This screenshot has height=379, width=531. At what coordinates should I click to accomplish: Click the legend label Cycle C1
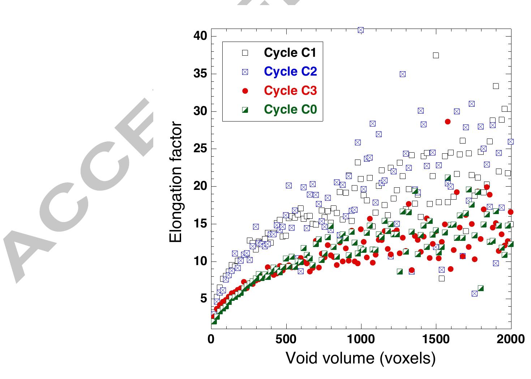(x=290, y=53)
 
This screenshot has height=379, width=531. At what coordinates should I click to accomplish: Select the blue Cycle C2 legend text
(x=290, y=72)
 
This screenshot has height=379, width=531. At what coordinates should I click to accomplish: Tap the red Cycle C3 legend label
(x=290, y=90)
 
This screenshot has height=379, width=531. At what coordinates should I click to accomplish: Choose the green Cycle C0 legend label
(x=290, y=109)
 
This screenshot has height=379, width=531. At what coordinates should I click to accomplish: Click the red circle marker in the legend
(x=245, y=91)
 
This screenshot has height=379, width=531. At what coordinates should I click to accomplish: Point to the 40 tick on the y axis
(x=200, y=36)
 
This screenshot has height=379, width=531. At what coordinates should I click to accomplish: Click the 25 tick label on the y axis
(x=200, y=149)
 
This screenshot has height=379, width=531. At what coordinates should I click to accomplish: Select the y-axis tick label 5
(x=203, y=299)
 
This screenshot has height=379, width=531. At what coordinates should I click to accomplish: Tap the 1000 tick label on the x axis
(x=361, y=340)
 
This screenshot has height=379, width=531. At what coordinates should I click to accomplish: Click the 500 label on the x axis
(x=286, y=340)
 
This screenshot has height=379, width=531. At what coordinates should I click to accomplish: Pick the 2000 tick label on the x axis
(x=511, y=340)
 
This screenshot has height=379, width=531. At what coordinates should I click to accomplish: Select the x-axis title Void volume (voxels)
(x=361, y=358)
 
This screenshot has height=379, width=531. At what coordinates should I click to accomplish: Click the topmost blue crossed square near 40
(x=361, y=30)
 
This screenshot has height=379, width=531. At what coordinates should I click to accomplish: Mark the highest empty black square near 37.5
(x=436, y=55)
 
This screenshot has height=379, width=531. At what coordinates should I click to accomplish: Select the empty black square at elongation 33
(x=496, y=86)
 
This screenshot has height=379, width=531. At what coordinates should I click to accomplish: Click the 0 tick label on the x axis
(x=211, y=340)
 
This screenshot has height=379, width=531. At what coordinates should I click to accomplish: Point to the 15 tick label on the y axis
(x=200, y=224)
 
